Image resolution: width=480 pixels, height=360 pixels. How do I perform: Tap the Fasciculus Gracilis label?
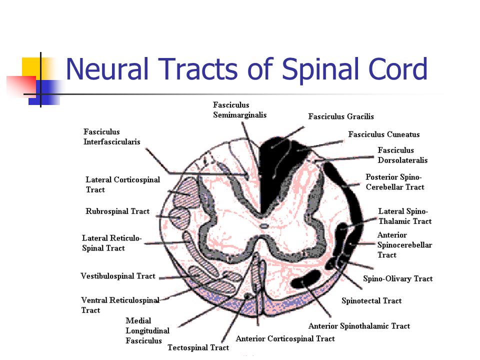click(341, 116)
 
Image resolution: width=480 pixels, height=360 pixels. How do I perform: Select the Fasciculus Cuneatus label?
click(384, 134)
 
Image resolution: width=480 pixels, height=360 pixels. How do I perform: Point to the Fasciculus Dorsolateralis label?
click(402, 155)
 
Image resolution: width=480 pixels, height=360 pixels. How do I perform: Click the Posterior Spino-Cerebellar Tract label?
click(395, 182)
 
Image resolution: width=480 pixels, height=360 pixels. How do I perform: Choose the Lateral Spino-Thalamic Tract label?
click(404, 216)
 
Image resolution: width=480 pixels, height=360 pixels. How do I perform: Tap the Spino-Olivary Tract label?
click(397, 278)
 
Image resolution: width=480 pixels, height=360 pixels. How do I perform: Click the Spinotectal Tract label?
click(371, 300)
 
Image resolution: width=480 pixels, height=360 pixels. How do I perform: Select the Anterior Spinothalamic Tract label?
click(359, 326)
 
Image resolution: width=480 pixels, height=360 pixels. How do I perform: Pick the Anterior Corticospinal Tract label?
click(285, 338)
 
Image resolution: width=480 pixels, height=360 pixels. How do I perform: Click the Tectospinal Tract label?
click(198, 348)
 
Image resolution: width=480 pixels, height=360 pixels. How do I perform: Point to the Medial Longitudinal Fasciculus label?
click(147, 330)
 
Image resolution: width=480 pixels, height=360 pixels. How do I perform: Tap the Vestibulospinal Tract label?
click(118, 276)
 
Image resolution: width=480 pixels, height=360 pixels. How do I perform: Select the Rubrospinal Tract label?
click(117, 211)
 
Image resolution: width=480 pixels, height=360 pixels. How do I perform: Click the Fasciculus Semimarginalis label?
click(239, 110)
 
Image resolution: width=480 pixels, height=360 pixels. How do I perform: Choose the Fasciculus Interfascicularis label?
click(111, 137)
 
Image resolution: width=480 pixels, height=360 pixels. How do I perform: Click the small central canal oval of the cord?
click(264, 226)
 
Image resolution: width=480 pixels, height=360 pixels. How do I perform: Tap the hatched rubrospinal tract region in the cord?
click(179, 217)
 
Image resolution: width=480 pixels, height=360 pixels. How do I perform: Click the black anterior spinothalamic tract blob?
click(305, 279)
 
